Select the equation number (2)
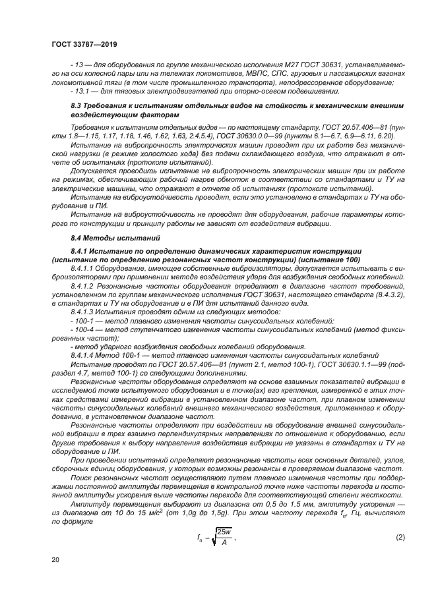pos(400,537)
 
